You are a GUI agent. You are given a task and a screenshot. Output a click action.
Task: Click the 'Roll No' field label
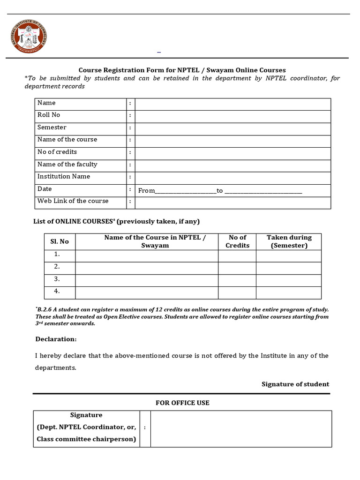[x=49, y=115]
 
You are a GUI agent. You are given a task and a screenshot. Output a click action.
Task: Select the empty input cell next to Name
[x=232, y=104]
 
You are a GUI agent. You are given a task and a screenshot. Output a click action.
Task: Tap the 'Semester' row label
[x=52, y=127]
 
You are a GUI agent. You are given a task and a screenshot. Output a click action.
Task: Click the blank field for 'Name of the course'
[x=232, y=141]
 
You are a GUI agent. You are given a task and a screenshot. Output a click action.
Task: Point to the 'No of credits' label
[x=57, y=152]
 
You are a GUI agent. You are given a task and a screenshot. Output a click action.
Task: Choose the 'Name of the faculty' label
[x=67, y=165]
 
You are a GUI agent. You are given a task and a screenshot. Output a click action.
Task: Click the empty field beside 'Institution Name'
[x=232, y=178]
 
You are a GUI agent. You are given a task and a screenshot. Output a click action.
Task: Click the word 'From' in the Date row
[x=146, y=191]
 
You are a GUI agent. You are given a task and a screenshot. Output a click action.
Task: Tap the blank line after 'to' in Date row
[x=263, y=191]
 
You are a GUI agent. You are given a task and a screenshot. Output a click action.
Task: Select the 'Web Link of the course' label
[x=73, y=201]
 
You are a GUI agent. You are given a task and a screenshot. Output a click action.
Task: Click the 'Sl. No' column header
[x=60, y=241]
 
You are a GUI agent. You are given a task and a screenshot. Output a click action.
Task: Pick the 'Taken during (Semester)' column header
[x=289, y=241]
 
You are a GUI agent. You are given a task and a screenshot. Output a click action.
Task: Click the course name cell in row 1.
[x=146, y=256]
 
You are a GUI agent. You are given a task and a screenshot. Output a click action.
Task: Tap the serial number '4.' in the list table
[x=57, y=291]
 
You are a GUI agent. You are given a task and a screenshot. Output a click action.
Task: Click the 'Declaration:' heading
[x=56, y=339]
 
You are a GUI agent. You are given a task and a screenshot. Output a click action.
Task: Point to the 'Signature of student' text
[x=295, y=384]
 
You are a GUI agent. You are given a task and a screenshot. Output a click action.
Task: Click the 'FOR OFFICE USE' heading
[x=182, y=403]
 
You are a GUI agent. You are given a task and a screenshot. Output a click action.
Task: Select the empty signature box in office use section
[x=241, y=428]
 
